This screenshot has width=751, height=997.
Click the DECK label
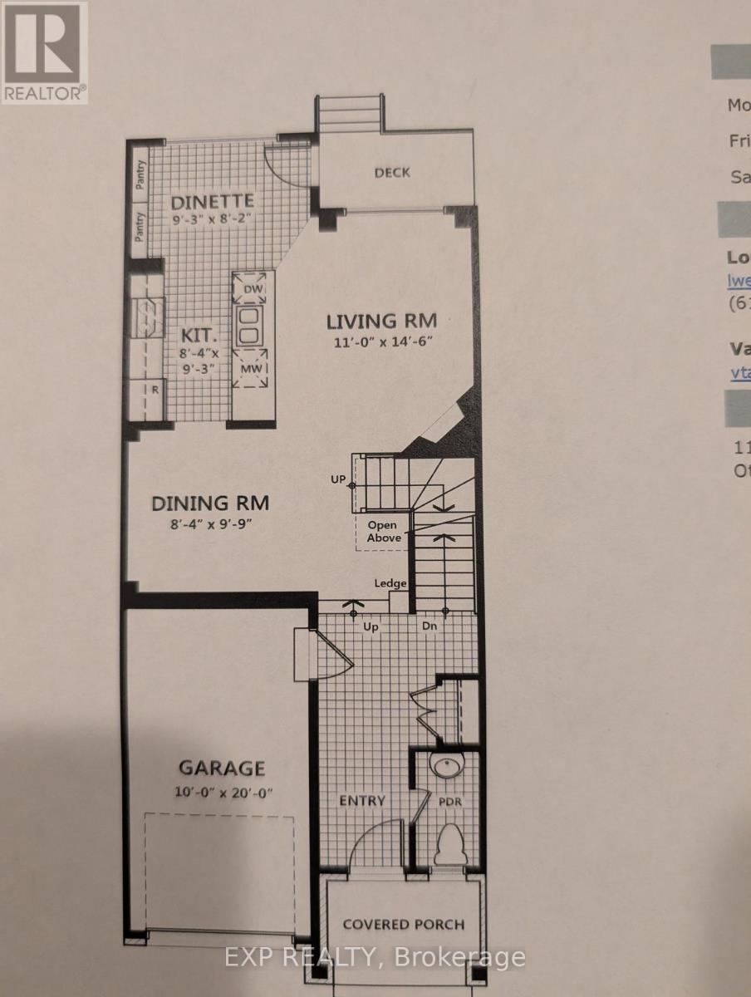point(392,172)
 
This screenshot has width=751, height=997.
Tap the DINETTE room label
point(212,201)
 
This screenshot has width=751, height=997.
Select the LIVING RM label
point(380,320)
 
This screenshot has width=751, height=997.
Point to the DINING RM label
point(210,503)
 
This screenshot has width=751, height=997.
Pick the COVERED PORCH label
point(404,924)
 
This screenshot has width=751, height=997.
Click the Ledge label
point(390,583)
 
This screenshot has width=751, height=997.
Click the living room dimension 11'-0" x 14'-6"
point(381,341)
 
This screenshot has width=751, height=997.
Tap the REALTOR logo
point(44,52)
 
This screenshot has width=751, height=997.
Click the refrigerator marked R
point(155,389)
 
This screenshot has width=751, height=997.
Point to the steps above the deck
point(349,112)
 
